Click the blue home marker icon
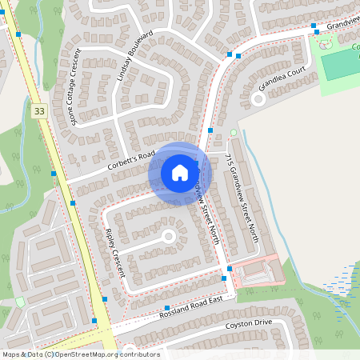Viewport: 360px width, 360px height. click(180, 172)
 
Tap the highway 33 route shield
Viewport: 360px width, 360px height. click(39, 111)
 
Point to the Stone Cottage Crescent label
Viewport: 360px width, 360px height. click(76, 87)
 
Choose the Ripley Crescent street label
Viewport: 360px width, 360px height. click(115, 253)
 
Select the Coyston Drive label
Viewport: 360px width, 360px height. click(249, 322)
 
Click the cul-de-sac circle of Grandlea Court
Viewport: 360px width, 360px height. click(258, 98)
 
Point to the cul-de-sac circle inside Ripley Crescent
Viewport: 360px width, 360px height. click(168, 236)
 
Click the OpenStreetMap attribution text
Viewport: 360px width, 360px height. click(80, 354)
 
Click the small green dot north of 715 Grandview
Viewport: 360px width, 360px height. click(234, 133)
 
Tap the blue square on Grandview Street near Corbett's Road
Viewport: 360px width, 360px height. click(210, 130)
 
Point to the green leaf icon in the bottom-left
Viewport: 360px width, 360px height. click(20, 302)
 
